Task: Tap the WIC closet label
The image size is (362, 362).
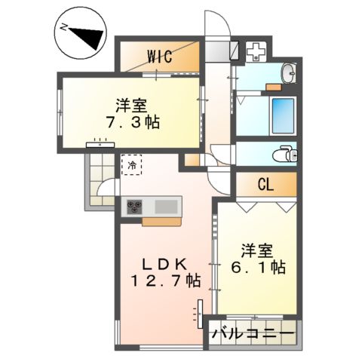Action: [159, 55]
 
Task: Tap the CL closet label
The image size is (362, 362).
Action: [265, 183]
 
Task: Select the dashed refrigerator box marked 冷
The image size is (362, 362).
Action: [132, 164]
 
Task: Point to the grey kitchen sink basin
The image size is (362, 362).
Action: [167, 206]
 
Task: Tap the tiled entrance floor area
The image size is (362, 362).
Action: [98, 181]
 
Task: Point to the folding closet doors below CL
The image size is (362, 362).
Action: [265, 205]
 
